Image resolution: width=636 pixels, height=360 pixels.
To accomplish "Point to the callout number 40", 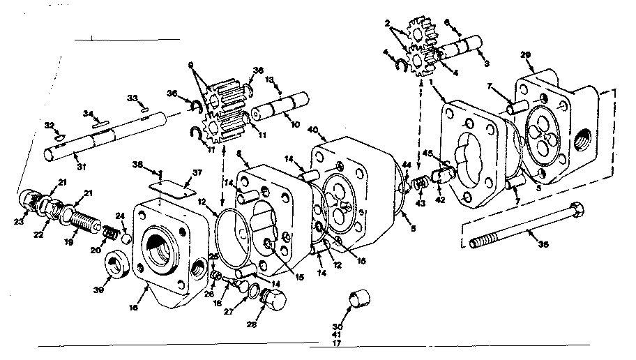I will tap(312, 130).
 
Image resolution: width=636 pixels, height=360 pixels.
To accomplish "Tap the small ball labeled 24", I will tap(127, 239).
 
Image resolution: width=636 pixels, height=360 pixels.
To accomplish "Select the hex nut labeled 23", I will tap(29, 200).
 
